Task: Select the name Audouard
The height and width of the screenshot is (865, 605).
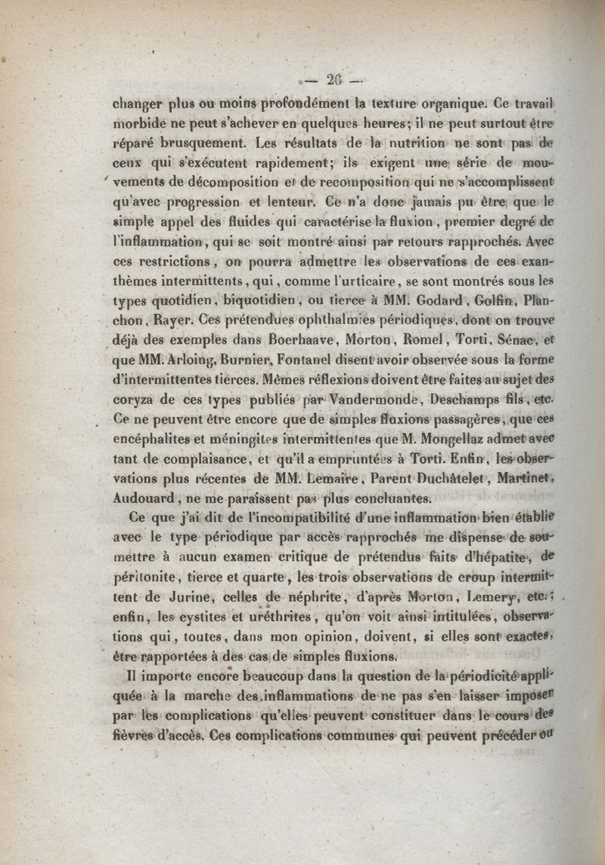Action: point(144,498)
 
